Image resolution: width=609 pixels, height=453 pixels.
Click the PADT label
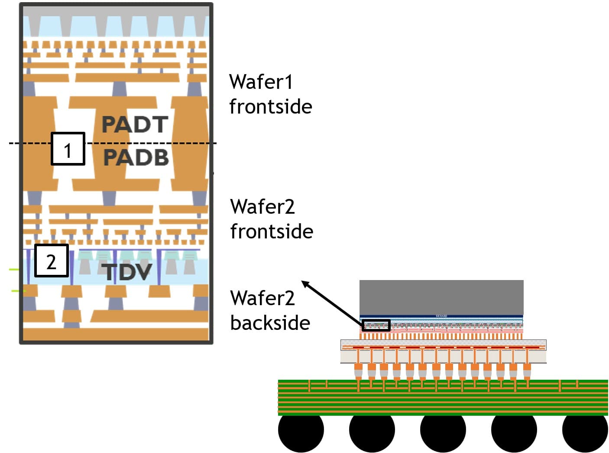tap(135, 125)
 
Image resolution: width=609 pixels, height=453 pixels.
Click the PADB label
tap(136, 157)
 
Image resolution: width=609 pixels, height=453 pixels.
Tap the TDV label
tap(128, 272)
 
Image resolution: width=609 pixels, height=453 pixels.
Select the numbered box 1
tap(68, 149)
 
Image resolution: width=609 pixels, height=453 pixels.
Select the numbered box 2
tap(52, 261)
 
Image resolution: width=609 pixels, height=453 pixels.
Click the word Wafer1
tap(261, 82)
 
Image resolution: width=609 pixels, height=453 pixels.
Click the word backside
tap(270, 323)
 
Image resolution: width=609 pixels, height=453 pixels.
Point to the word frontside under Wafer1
tap(270, 107)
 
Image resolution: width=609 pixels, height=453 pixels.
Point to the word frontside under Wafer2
tap(272, 231)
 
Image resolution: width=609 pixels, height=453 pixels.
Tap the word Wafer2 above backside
tap(262, 298)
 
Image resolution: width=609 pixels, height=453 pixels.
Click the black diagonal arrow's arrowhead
tap(305, 284)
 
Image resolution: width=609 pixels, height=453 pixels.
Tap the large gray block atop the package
tap(441, 297)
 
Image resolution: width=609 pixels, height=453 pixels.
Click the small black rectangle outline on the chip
tap(376, 325)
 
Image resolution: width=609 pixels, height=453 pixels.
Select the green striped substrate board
tap(443, 397)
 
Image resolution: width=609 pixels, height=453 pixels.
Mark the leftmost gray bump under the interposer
tap(358, 371)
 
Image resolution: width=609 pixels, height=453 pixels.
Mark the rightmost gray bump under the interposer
tap(527, 371)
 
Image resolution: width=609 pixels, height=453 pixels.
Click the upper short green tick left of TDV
tap(14, 270)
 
